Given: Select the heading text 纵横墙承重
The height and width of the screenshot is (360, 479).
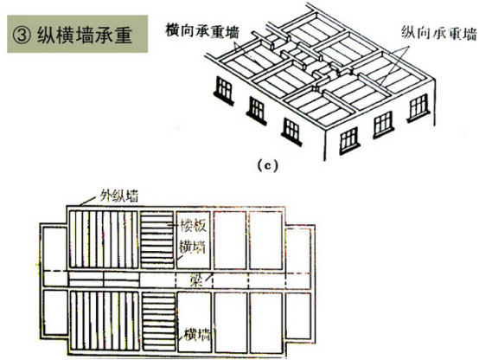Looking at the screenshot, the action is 85,35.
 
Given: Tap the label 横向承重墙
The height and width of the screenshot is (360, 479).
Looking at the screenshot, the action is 202,30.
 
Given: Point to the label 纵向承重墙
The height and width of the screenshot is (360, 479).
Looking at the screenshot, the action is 439,33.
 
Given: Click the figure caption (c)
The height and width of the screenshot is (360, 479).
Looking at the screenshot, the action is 268,166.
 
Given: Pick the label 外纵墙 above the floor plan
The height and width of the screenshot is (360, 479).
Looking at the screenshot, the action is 119,196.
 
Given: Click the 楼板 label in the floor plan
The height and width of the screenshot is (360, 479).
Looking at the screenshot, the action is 193,226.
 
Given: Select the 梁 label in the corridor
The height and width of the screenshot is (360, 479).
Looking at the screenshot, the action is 196,280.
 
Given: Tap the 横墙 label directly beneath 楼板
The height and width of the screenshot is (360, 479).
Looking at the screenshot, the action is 193,247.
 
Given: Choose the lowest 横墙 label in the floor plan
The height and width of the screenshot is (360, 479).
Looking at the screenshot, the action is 198,334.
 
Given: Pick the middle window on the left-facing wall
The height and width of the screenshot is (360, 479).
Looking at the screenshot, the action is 257,111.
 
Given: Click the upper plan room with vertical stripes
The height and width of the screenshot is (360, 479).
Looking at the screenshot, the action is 104,239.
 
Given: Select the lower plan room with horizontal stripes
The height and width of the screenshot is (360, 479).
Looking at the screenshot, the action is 158,321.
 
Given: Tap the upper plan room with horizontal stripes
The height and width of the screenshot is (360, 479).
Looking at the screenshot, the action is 157,239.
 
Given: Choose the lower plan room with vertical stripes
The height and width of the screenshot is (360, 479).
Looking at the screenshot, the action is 104,320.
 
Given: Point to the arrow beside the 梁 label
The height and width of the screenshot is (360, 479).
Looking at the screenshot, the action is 208,277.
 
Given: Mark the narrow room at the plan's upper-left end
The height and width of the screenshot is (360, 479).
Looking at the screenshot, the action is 54,248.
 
